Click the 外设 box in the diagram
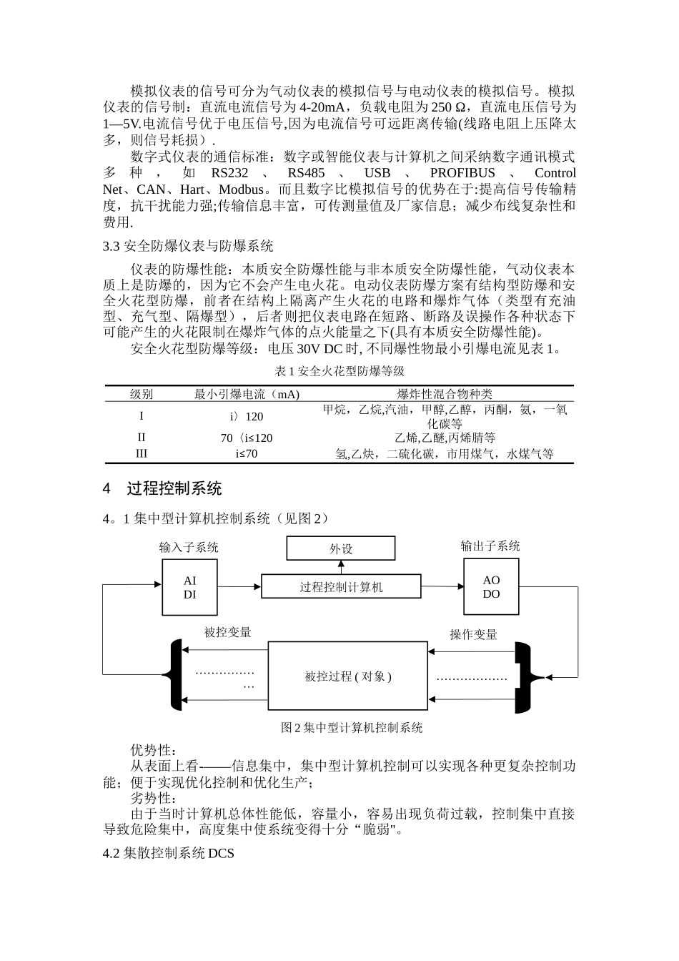pyautogui.click(x=340, y=548)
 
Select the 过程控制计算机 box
pyautogui.click(x=340, y=587)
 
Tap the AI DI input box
pyautogui.click(x=189, y=588)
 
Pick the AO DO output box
pyautogui.click(x=491, y=587)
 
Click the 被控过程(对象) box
pyautogui.click(x=347, y=676)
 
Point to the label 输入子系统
pyautogui.click(x=189, y=548)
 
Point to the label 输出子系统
pyautogui.click(x=490, y=546)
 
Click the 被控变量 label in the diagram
pyautogui.click(x=227, y=632)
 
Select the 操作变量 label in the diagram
pyautogui.click(x=473, y=634)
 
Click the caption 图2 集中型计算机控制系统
pyautogui.click(x=352, y=728)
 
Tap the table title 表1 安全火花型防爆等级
pyautogui.click(x=339, y=371)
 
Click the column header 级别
pyautogui.click(x=142, y=394)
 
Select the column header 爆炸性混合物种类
pyautogui.click(x=445, y=394)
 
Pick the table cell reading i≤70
pyautogui.click(x=247, y=453)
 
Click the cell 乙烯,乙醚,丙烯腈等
pyautogui.click(x=445, y=438)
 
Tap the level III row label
pyautogui.click(x=142, y=453)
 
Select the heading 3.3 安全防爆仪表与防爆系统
pyautogui.click(x=188, y=247)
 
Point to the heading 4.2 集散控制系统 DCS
pyautogui.click(x=169, y=854)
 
